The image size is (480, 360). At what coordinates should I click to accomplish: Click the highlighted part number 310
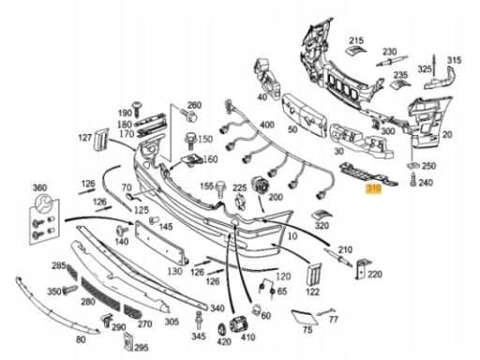coord(374,188)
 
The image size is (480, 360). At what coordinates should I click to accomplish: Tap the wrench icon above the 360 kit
coord(43,202)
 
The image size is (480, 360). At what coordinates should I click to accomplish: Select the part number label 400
coord(267,125)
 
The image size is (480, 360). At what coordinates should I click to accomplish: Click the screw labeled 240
coord(413,180)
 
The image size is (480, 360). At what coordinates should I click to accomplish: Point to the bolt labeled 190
coord(137,110)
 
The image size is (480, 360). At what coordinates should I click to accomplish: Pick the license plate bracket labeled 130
coord(161,243)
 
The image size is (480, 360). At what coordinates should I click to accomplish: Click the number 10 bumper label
coord(292,236)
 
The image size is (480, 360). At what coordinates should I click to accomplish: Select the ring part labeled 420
coord(221,329)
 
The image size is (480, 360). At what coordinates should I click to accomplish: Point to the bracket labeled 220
coord(362,268)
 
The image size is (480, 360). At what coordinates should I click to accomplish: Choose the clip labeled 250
coord(412,166)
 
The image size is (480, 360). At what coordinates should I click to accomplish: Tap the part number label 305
coord(172,322)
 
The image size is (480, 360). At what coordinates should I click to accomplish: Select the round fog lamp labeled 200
coord(261,187)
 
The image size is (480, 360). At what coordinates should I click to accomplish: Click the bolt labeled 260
coord(190,115)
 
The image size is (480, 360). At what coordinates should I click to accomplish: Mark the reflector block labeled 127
coord(101,140)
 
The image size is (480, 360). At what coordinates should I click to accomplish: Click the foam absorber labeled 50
coord(304,114)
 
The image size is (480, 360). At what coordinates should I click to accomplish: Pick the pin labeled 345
coord(198,321)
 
